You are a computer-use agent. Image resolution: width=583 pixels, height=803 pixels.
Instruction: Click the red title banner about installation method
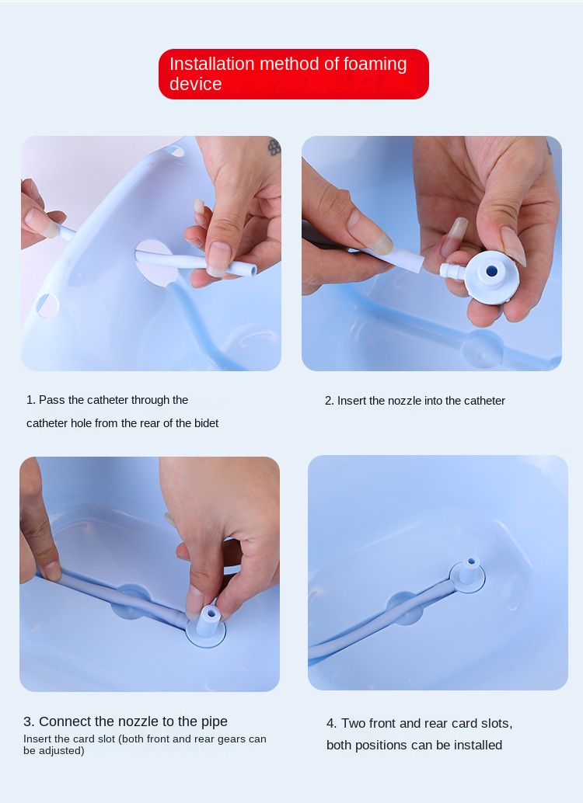[293, 74]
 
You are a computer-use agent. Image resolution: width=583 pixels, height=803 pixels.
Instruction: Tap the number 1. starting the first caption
[30, 400]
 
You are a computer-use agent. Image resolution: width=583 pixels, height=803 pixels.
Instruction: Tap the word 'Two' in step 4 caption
[355, 723]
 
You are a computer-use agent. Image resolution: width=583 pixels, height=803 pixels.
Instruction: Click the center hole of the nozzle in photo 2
[491, 271]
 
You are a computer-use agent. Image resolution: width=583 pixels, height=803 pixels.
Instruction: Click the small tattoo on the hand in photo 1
[274, 146]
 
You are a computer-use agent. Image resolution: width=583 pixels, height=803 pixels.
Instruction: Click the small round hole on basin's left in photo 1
[47, 306]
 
